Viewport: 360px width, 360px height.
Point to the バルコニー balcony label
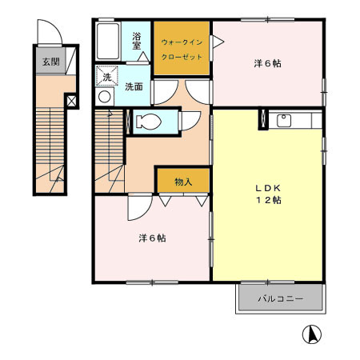click(280, 298)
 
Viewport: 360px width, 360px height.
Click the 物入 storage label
click(183, 182)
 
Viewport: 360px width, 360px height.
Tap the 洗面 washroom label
click(134, 87)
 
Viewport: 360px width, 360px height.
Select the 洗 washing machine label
click(106, 77)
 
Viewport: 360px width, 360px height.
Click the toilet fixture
click(149, 122)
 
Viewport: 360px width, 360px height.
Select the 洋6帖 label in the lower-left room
click(152, 238)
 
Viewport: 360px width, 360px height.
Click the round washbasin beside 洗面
click(104, 96)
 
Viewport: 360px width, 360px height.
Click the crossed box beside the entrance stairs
click(72, 102)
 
